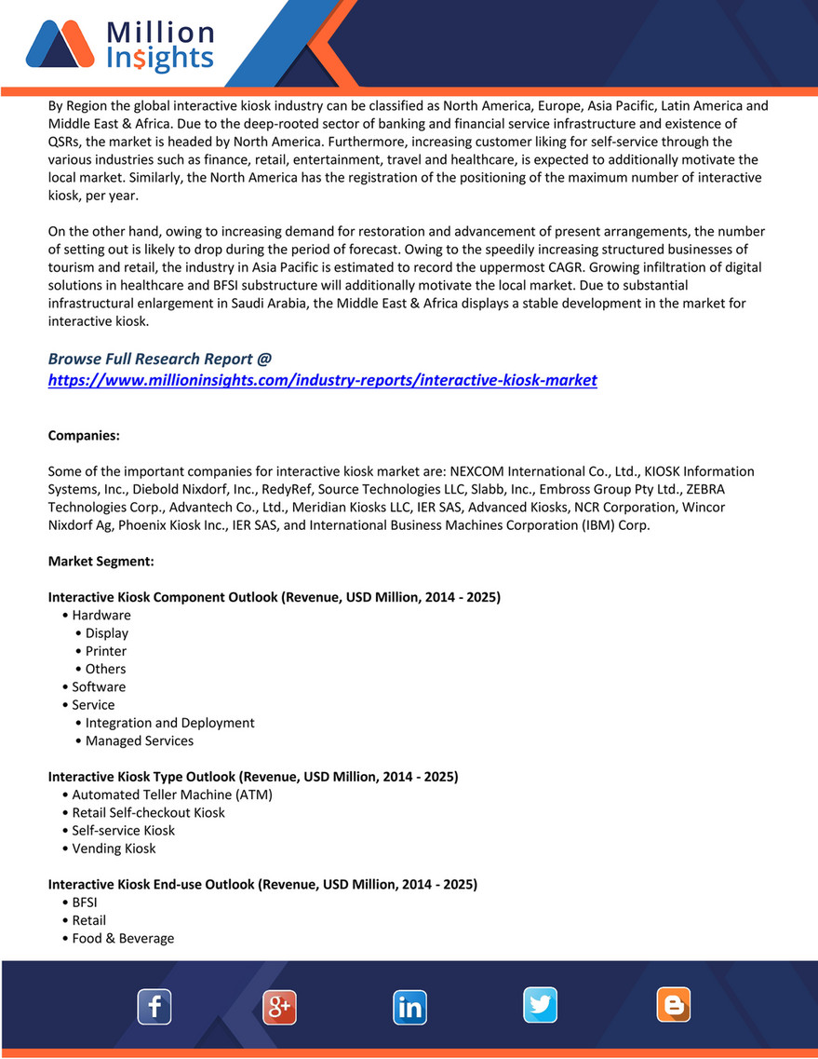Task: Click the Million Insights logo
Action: (x=121, y=46)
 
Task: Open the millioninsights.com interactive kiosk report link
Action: (x=322, y=380)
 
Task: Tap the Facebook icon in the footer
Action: (x=154, y=1006)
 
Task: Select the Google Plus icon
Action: (x=279, y=1007)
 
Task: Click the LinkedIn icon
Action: (x=409, y=1007)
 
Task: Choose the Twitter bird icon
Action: (x=540, y=1006)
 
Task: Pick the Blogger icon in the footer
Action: (x=673, y=1006)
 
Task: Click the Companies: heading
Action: (x=84, y=436)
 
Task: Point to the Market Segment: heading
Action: (x=101, y=562)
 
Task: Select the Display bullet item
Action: (x=107, y=633)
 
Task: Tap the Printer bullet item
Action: (x=106, y=651)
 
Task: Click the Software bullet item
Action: (x=99, y=686)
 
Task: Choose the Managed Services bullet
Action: (x=140, y=740)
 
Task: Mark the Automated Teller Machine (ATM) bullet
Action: (x=172, y=794)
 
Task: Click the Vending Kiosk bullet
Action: (x=114, y=849)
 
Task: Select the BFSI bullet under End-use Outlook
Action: (x=85, y=903)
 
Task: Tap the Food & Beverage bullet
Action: (x=123, y=938)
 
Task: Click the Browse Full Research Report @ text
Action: (x=159, y=359)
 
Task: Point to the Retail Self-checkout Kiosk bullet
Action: (x=148, y=812)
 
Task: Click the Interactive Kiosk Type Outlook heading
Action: (x=252, y=776)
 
